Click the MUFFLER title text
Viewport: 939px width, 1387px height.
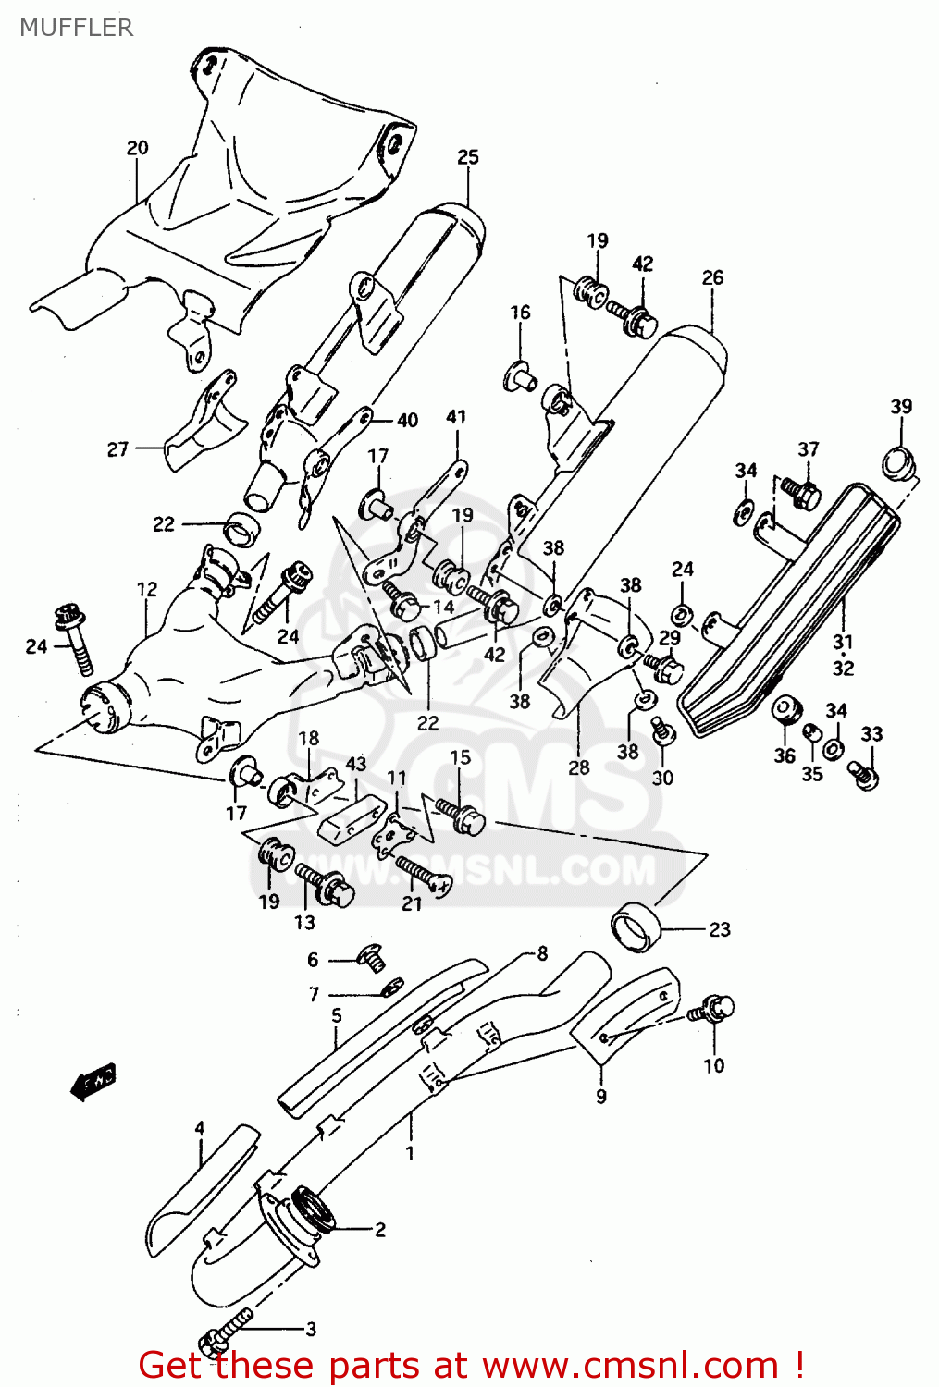pyautogui.click(x=77, y=28)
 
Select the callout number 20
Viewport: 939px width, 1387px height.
pyautogui.click(x=137, y=148)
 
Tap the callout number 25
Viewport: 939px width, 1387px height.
pyautogui.click(x=468, y=157)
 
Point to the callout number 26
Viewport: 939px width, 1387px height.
pyautogui.click(x=712, y=277)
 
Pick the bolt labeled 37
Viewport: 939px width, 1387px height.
pyautogui.click(x=801, y=492)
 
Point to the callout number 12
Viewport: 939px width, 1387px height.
pyautogui.click(x=147, y=589)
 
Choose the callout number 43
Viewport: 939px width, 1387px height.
pyautogui.click(x=356, y=765)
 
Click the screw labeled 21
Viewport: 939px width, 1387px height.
pyautogui.click(x=424, y=873)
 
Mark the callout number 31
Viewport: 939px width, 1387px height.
pyautogui.click(x=843, y=642)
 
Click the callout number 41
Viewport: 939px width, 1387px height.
pyautogui.click(x=456, y=417)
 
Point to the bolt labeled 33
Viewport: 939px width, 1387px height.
pyautogui.click(x=864, y=773)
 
